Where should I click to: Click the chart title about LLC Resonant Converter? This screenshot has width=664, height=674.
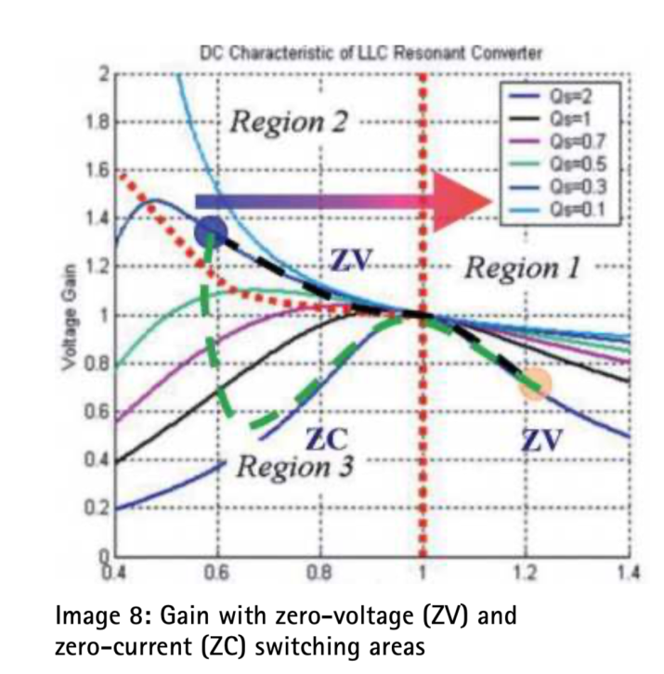click(x=371, y=54)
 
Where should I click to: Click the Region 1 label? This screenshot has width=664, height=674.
click(x=522, y=270)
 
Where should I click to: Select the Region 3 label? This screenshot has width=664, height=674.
click(x=293, y=465)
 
